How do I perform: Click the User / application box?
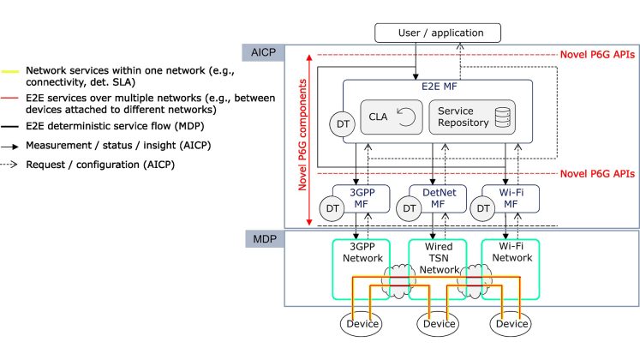[x=437, y=33]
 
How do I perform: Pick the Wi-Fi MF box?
[x=511, y=200]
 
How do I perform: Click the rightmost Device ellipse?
[x=511, y=325]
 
